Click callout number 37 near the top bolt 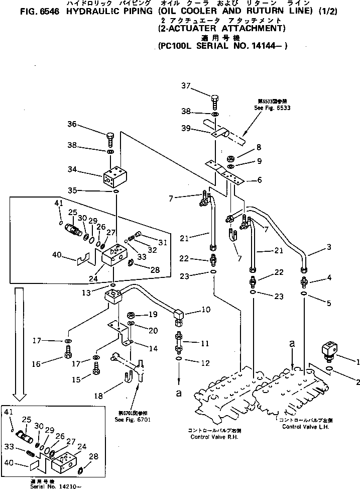tap(187, 85)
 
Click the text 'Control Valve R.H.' tap(214, 437)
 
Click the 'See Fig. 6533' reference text tap(272, 108)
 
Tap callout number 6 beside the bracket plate tap(259, 180)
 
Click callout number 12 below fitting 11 tap(191, 362)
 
